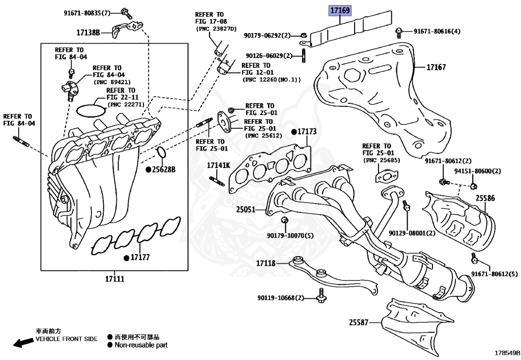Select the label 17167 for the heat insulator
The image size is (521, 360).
436,67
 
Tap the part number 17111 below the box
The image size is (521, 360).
114,279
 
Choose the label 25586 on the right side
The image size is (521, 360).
485,198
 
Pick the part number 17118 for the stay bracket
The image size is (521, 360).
265,263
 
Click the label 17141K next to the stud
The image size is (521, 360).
218,166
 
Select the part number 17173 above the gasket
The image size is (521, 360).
307,132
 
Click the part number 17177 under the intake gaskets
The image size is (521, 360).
139,257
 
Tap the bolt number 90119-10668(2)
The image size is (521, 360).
280,297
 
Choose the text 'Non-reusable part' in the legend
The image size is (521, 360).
141,345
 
